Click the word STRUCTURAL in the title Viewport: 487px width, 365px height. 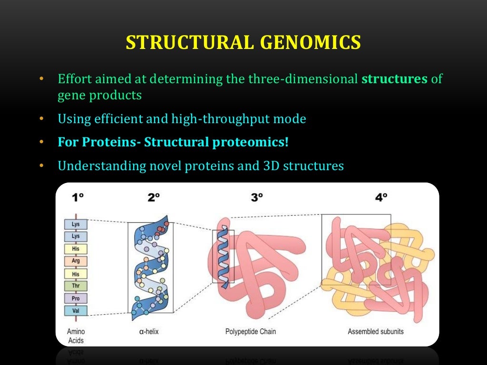(187, 42)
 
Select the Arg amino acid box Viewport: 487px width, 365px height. (76, 261)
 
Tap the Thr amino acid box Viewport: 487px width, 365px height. (76, 286)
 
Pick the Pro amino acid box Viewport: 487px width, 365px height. (76, 298)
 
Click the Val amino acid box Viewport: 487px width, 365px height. (76, 311)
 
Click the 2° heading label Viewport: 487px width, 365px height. (152, 197)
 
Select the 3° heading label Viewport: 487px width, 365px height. (257, 197)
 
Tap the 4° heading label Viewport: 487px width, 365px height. (381, 197)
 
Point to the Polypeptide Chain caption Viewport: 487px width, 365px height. (251, 331)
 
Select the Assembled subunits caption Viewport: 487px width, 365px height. (376, 331)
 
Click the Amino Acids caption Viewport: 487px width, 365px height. (76, 336)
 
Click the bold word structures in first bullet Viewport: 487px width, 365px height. (394, 78)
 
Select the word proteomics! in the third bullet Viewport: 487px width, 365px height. (257, 142)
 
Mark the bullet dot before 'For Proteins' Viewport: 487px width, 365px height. (41, 142)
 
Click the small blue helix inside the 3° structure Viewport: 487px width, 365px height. (223, 257)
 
